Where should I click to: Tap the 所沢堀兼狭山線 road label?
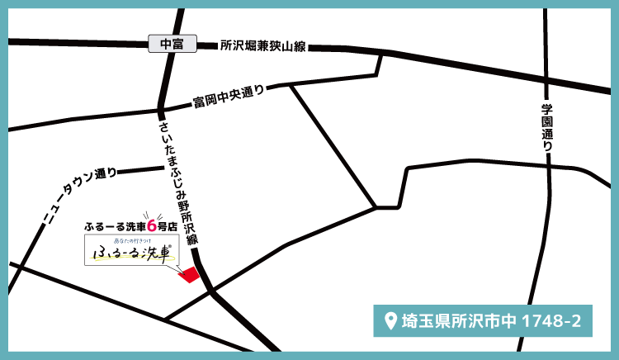pyautogui.click(x=262, y=47)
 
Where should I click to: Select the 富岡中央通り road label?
pyautogui.click(x=229, y=97)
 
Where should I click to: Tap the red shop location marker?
pyautogui.click(x=190, y=275)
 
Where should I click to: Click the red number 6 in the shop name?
pyautogui.click(x=151, y=225)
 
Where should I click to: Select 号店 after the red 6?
pyautogui.click(x=168, y=225)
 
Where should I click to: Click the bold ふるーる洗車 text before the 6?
pyautogui.click(x=114, y=225)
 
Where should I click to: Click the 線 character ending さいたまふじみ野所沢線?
pyautogui.click(x=192, y=239)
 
